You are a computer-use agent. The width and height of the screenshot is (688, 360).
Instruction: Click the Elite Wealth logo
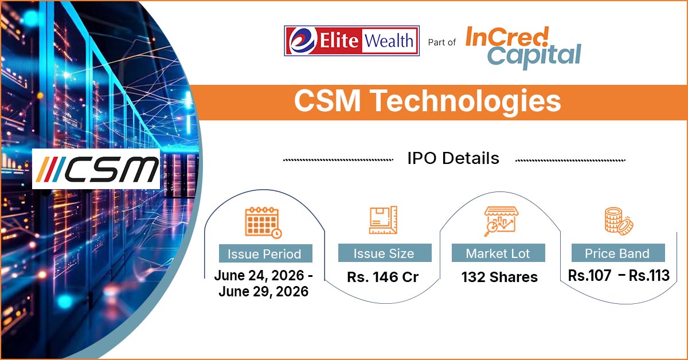[351, 41]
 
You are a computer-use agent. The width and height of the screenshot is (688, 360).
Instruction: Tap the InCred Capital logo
[523, 48]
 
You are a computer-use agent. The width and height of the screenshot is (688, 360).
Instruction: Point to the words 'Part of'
[441, 42]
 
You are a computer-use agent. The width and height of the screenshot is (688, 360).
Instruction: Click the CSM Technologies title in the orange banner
[428, 101]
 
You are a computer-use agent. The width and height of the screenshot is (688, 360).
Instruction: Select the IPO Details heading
[454, 158]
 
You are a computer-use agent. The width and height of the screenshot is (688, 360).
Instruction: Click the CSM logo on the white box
[96, 169]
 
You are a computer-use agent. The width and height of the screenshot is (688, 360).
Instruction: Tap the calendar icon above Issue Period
[264, 222]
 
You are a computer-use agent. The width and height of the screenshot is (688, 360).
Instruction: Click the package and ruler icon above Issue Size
[383, 220]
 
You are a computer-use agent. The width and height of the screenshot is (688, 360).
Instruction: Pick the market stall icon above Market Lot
[501, 221]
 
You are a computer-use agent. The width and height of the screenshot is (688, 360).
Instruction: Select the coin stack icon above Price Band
[619, 221]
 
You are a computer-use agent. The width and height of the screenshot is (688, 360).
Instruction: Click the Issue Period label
[264, 254]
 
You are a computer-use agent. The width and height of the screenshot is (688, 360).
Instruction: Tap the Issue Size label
[384, 254]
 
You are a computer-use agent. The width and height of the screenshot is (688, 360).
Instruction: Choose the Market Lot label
[498, 254]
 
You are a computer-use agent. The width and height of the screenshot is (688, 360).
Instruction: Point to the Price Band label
[617, 254]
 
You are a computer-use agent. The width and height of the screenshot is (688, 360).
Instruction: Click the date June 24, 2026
[259, 276]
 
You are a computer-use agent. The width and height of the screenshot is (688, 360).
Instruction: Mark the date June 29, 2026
[264, 292]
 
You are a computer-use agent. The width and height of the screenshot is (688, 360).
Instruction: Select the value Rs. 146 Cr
[383, 277]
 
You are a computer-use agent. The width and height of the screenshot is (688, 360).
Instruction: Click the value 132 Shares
[499, 277]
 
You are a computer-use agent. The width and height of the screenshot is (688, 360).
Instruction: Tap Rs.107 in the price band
[589, 276]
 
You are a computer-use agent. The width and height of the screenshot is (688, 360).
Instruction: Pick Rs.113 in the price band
[649, 276]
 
